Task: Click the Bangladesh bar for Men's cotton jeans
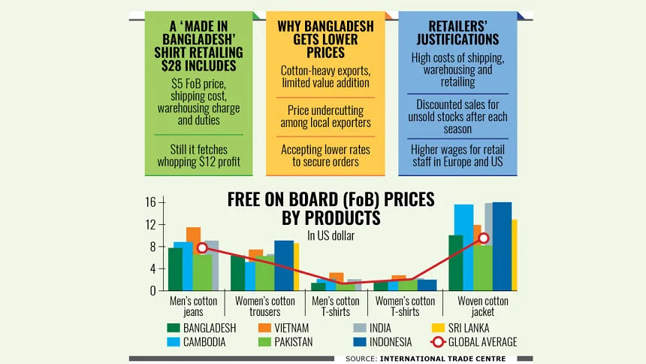pos(175,269)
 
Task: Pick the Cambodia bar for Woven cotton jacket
pos(463,247)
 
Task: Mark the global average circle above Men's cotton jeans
pos(201,247)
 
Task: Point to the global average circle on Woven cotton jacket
pos(484,238)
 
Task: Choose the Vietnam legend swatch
pos(264,328)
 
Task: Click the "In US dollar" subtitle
pos(331,235)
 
